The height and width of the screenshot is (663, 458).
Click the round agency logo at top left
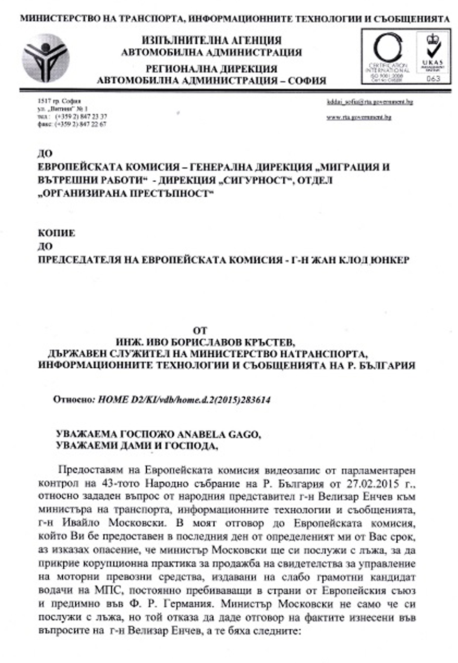pos(46,58)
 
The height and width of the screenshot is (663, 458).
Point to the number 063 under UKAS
pos(433,79)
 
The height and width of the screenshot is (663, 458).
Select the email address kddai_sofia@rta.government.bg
pos(370,102)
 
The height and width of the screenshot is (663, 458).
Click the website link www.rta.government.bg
pos(359,117)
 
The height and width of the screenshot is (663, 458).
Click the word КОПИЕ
pos(56,233)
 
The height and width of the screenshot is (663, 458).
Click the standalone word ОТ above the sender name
pos(200,331)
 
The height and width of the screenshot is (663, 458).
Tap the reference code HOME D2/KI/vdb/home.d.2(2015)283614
pos(184,400)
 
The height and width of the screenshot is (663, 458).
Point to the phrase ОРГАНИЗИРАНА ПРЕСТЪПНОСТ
pos(125,194)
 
